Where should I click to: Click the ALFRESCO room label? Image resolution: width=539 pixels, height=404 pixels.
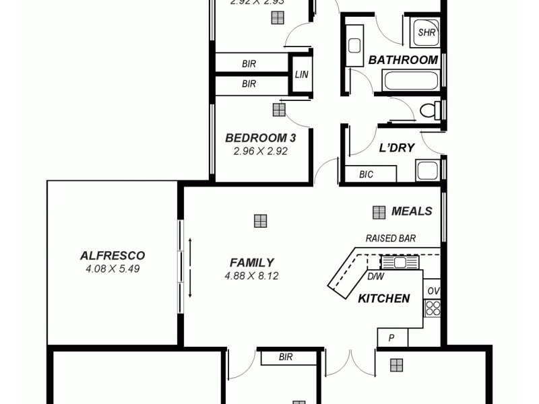tap(113, 255)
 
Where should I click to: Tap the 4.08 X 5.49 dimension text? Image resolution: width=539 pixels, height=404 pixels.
tap(113, 269)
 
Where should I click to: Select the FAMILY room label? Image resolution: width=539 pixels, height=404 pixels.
tap(251, 263)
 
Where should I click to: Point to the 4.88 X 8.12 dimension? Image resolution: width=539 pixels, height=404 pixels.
tap(251, 275)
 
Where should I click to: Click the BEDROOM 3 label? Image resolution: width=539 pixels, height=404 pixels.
tap(260, 138)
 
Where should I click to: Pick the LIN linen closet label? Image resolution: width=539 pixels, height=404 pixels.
tap(301, 74)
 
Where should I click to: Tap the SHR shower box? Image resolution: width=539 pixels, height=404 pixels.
tap(426, 32)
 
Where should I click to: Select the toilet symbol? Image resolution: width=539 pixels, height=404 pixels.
tap(429, 110)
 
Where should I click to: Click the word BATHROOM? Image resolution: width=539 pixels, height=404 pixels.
tap(403, 60)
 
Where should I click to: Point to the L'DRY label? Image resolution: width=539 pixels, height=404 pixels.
tap(396, 148)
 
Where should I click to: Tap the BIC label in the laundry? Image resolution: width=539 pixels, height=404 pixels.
tap(366, 174)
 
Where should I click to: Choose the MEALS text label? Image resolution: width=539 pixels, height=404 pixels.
tap(412, 211)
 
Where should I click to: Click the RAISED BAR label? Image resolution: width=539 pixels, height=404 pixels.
tap(390, 238)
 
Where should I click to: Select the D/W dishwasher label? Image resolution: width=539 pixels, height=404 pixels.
tap(375, 276)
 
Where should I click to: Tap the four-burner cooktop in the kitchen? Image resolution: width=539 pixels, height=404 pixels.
tap(432, 308)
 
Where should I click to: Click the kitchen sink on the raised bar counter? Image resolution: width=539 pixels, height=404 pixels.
tap(400, 262)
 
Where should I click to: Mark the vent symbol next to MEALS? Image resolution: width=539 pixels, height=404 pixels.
tap(379, 211)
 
